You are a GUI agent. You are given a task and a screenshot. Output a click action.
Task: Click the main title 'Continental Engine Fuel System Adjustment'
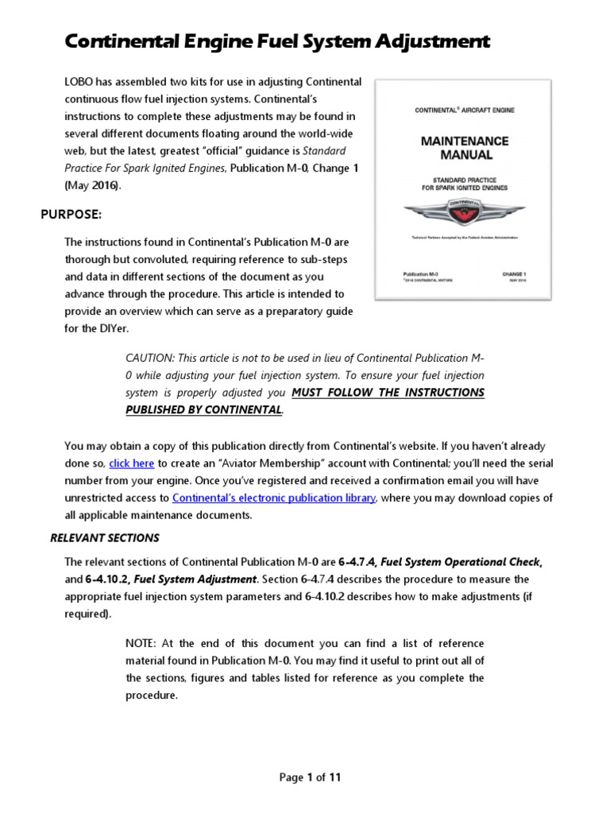pos(277,42)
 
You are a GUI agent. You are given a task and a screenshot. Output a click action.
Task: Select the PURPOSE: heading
pos(71,215)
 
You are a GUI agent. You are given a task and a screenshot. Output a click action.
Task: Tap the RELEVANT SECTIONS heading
pos(105,537)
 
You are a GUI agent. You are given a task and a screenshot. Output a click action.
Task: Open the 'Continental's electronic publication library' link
pos(274,498)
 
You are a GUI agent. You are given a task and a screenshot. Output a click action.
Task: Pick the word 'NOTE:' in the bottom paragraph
pos(143,642)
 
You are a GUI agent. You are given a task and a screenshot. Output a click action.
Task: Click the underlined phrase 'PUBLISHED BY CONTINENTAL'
pos(203,410)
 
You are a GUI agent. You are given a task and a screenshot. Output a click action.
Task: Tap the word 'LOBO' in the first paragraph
pos(80,83)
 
